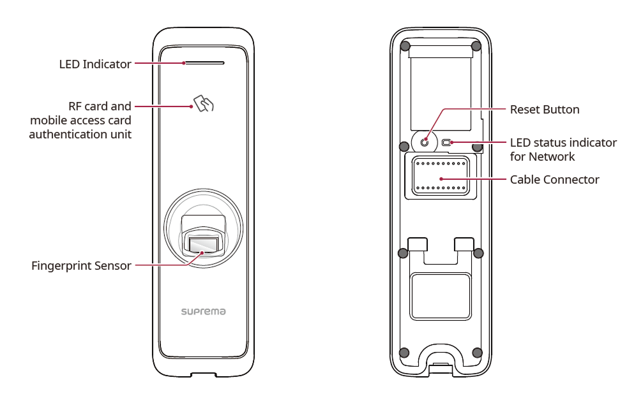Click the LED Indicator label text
(x=95, y=64)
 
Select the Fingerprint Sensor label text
(x=81, y=266)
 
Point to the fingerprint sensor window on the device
(x=204, y=245)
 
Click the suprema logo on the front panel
(x=204, y=312)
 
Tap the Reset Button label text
(x=545, y=110)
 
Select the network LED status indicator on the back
(x=447, y=142)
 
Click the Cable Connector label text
(x=554, y=180)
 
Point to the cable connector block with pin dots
(x=441, y=175)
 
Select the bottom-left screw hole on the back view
(x=404, y=353)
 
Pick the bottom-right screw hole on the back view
(x=477, y=353)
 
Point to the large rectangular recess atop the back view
(x=441, y=86)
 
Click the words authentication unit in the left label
(x=80, y=135)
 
